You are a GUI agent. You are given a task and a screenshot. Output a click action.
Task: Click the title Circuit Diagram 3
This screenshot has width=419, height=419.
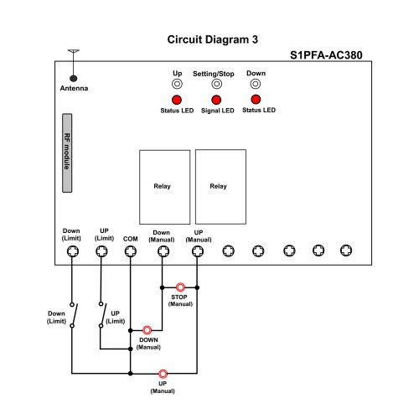[213, 39]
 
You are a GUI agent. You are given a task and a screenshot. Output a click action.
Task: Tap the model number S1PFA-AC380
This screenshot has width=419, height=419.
[326, 55]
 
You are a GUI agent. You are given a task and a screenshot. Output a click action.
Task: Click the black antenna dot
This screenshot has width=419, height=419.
[74, 79]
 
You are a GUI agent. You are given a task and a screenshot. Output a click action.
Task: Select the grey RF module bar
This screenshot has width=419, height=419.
[67, 153]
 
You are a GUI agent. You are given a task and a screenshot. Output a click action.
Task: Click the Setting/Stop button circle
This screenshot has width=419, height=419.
[216, 84]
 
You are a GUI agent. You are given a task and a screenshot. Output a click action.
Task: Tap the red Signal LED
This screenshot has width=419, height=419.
[216, 100]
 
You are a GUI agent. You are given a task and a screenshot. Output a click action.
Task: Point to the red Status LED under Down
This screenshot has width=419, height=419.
[256, 99]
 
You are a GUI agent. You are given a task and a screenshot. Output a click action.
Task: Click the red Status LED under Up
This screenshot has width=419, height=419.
[177, 100]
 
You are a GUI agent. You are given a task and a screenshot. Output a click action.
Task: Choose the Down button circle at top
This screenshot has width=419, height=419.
[256, 84]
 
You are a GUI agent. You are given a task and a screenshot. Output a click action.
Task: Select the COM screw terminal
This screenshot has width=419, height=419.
[131, 251]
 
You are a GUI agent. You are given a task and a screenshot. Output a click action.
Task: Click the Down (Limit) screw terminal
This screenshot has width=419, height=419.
[73, 251]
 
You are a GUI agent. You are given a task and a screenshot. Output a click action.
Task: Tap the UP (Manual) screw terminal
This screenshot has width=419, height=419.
[198, 251]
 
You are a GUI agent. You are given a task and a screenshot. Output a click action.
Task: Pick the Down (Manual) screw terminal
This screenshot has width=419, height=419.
[163, 251]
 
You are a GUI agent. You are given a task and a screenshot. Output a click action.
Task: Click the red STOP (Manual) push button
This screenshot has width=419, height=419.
[180, 287]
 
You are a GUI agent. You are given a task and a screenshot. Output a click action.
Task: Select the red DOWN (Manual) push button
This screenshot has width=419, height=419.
[147, 330]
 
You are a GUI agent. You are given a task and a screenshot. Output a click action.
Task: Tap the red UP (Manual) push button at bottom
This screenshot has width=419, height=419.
[163, 374]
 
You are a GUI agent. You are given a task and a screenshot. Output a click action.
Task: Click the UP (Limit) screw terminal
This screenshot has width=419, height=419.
[101, 251]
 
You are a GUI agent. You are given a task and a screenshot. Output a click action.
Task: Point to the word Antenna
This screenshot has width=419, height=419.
[74, 88]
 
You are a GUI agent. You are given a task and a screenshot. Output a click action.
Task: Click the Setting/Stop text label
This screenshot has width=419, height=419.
[214, 74]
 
